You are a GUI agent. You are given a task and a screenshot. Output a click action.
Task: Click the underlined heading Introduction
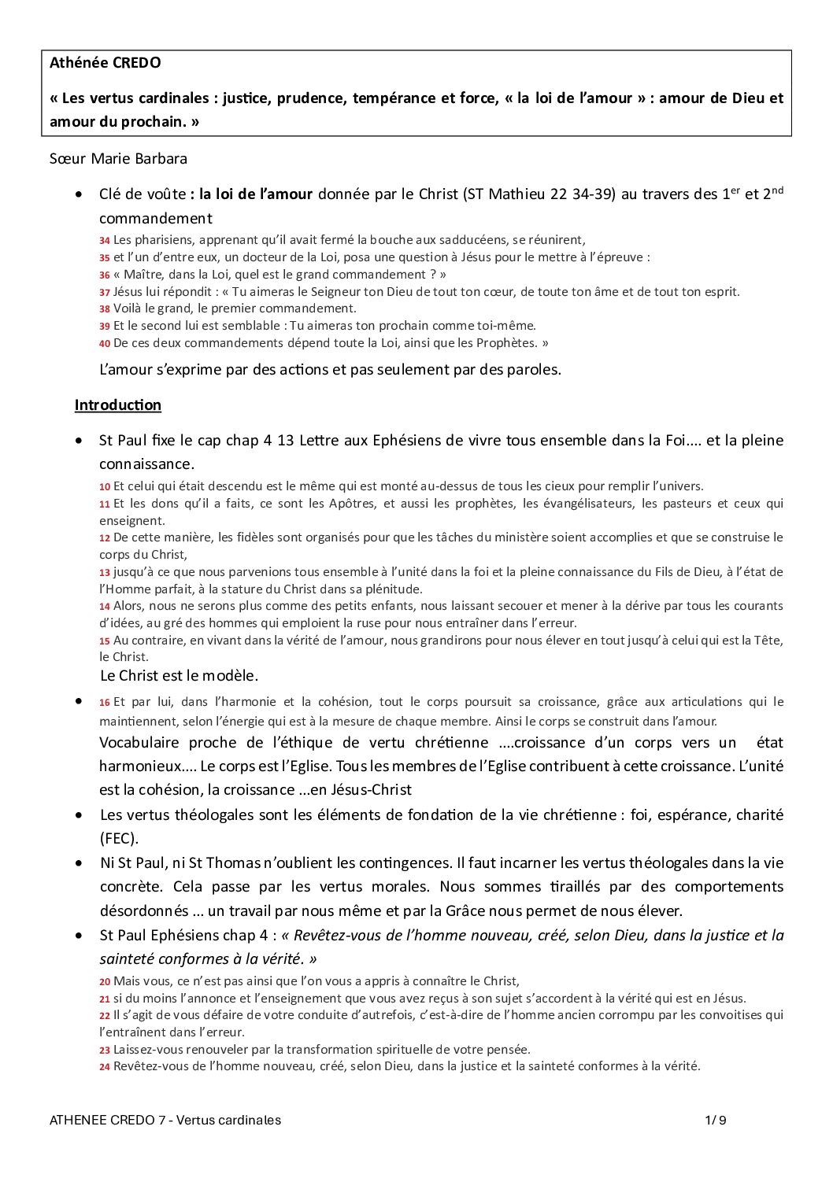[117, 405]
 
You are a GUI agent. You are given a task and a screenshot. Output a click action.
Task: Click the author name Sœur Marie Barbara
[118, 159]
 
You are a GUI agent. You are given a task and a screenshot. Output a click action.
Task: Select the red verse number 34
[104, 241]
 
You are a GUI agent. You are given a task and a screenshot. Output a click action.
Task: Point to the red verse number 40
[104, 343]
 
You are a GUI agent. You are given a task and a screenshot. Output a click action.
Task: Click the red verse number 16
[104, 702]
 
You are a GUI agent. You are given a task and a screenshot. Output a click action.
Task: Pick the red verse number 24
[104, 1067]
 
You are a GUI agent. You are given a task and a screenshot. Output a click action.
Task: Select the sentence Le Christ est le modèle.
[180, 676]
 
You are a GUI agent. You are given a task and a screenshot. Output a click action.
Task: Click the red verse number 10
[104, 487]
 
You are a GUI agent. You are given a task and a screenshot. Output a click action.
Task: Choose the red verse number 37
[104, 292]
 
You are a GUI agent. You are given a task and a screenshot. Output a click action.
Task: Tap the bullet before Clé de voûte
[79, 194]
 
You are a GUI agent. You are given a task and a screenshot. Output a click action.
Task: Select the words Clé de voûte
[143, 194]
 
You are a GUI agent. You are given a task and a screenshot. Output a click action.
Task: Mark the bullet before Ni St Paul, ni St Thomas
[79, 863]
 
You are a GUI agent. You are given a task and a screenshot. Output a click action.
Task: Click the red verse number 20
[104, 982]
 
